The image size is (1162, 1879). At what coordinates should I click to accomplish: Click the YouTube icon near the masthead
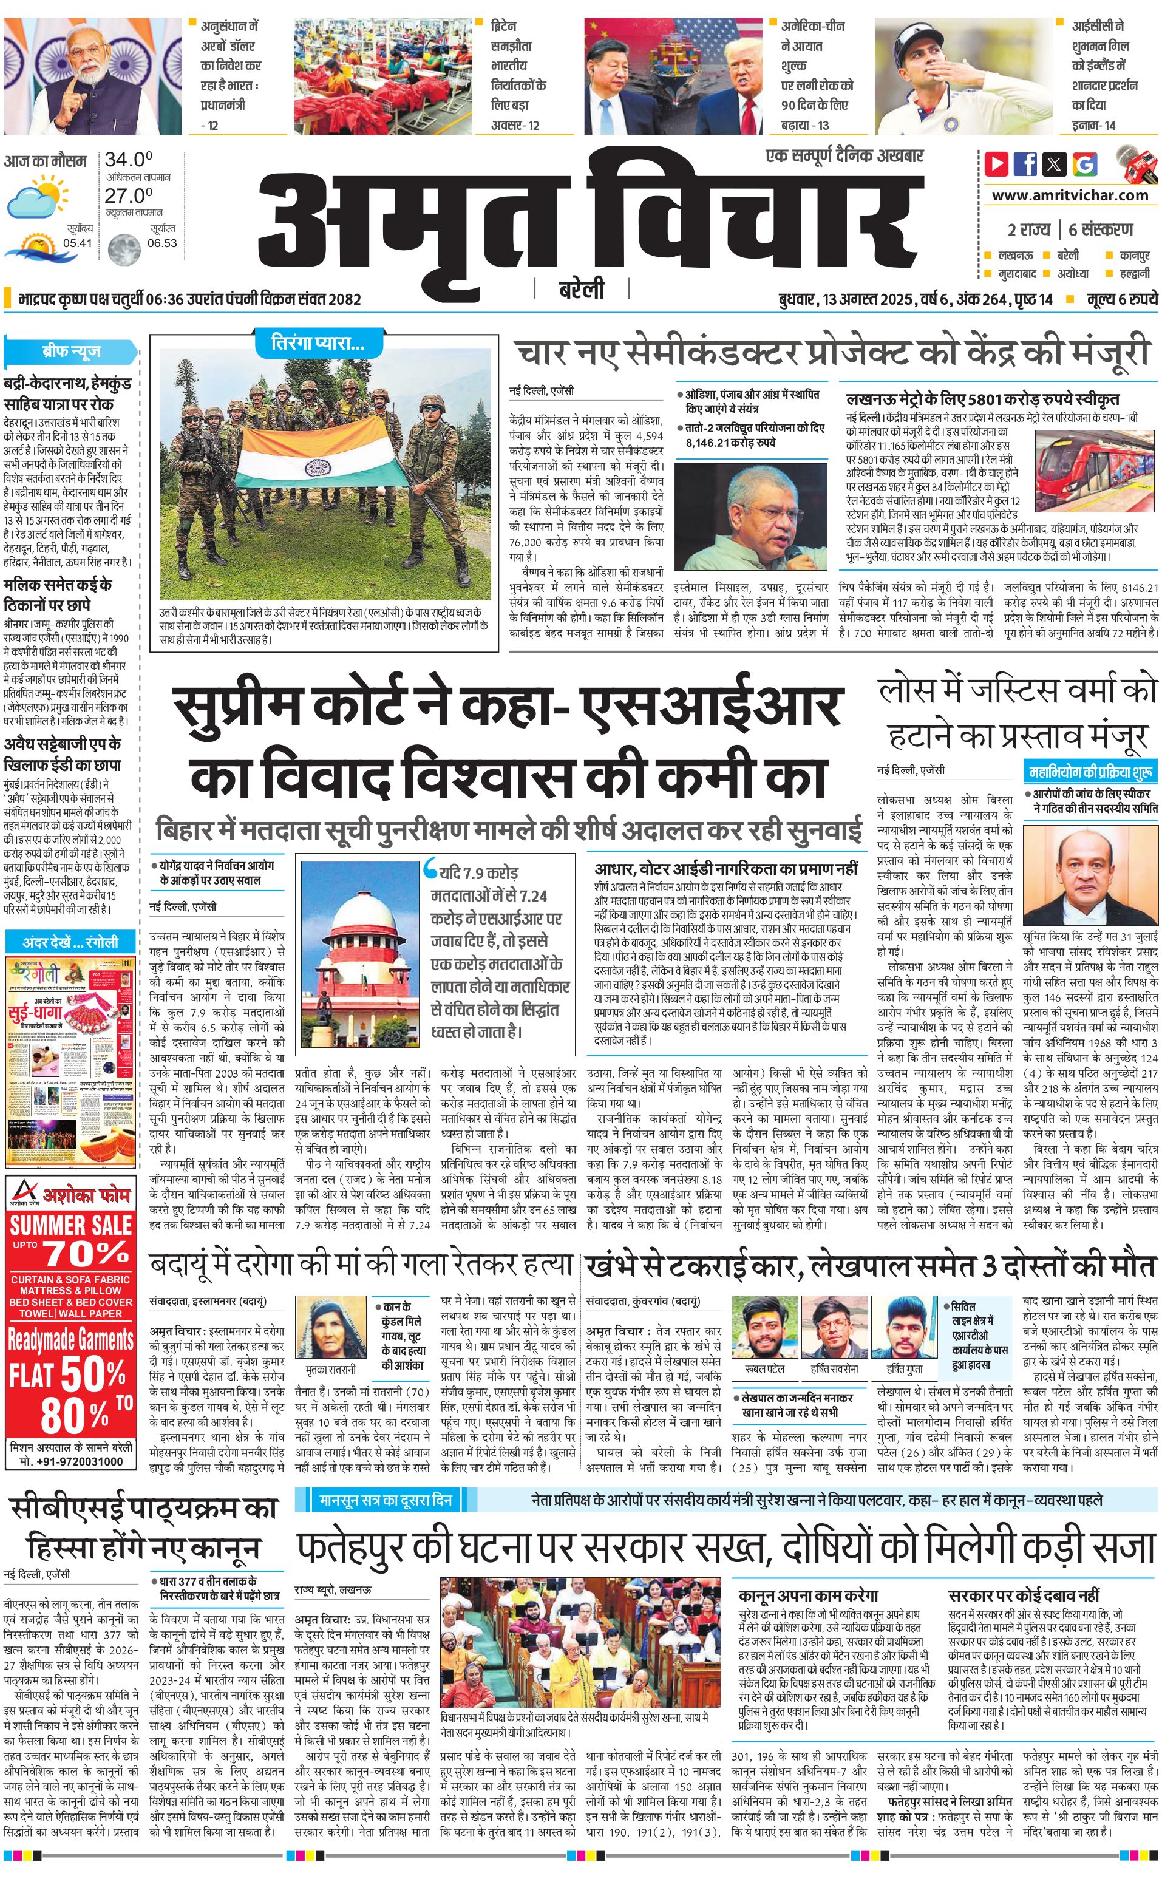click(996, 164)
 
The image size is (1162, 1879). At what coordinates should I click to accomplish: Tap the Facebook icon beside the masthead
click(1024, 164)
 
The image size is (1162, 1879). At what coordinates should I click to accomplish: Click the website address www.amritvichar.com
click(1070, 195)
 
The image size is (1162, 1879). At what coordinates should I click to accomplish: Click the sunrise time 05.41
click(78, 243)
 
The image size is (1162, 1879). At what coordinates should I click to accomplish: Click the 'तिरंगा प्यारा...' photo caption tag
click(318, 344)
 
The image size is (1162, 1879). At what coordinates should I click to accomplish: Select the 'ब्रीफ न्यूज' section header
click(70, 352)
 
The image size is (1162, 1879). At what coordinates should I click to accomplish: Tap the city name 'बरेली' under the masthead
click(581, 290)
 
